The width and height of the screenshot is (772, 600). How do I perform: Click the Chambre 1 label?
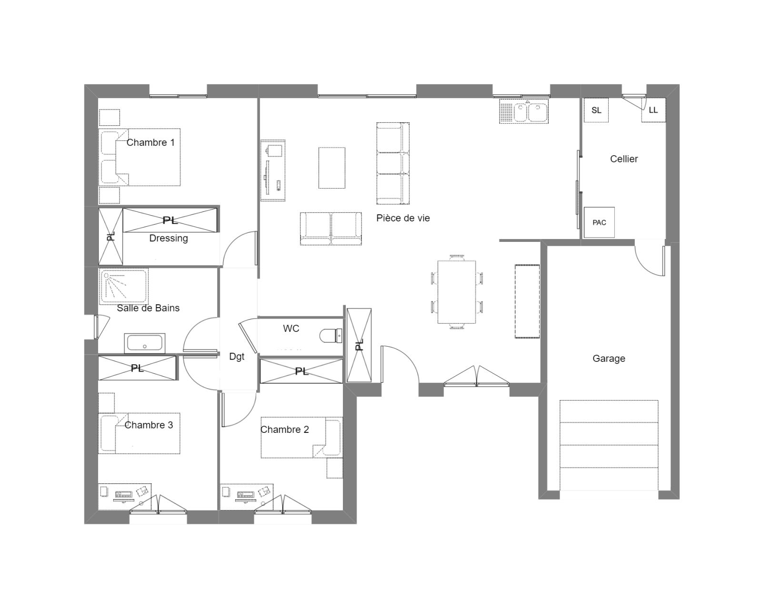coord(150,142)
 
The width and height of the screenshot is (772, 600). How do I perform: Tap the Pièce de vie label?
coord(403,218)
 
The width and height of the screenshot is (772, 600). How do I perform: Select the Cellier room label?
coord(624,159)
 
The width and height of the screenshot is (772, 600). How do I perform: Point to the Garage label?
coord(609,359)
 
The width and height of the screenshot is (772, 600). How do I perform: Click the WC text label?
coord(291,328)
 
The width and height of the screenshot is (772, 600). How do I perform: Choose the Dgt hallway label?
coord(237,357)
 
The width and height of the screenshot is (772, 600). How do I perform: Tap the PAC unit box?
coord(599,222)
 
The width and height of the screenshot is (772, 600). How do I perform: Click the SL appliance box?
coord(596,110)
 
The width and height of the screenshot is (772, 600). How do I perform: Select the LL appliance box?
coord(653,110)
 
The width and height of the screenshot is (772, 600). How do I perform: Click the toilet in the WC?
coord(331,335)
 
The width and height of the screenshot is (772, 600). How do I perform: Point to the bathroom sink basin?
coord(145,343)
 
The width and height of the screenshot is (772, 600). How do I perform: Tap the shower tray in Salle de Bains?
coord(123,286)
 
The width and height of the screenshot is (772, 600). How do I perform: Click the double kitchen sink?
coord(524,111)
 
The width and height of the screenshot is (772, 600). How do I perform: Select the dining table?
coord(457,292)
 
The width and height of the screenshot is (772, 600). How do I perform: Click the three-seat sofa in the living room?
coord(393,163)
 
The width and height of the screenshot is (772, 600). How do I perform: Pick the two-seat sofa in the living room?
coord(331,229)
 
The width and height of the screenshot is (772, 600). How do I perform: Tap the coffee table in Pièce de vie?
coord(332,168)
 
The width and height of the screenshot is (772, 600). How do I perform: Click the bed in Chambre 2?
coord(301,437)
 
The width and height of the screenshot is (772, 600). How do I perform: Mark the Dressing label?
coord(169,238)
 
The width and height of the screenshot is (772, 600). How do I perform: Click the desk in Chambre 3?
coord(125,496)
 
